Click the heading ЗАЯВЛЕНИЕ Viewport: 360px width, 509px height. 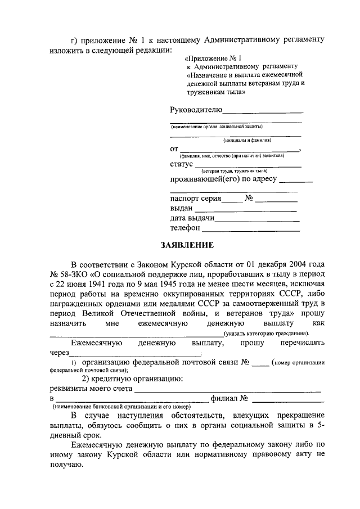187,245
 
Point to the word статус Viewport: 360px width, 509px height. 181,164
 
